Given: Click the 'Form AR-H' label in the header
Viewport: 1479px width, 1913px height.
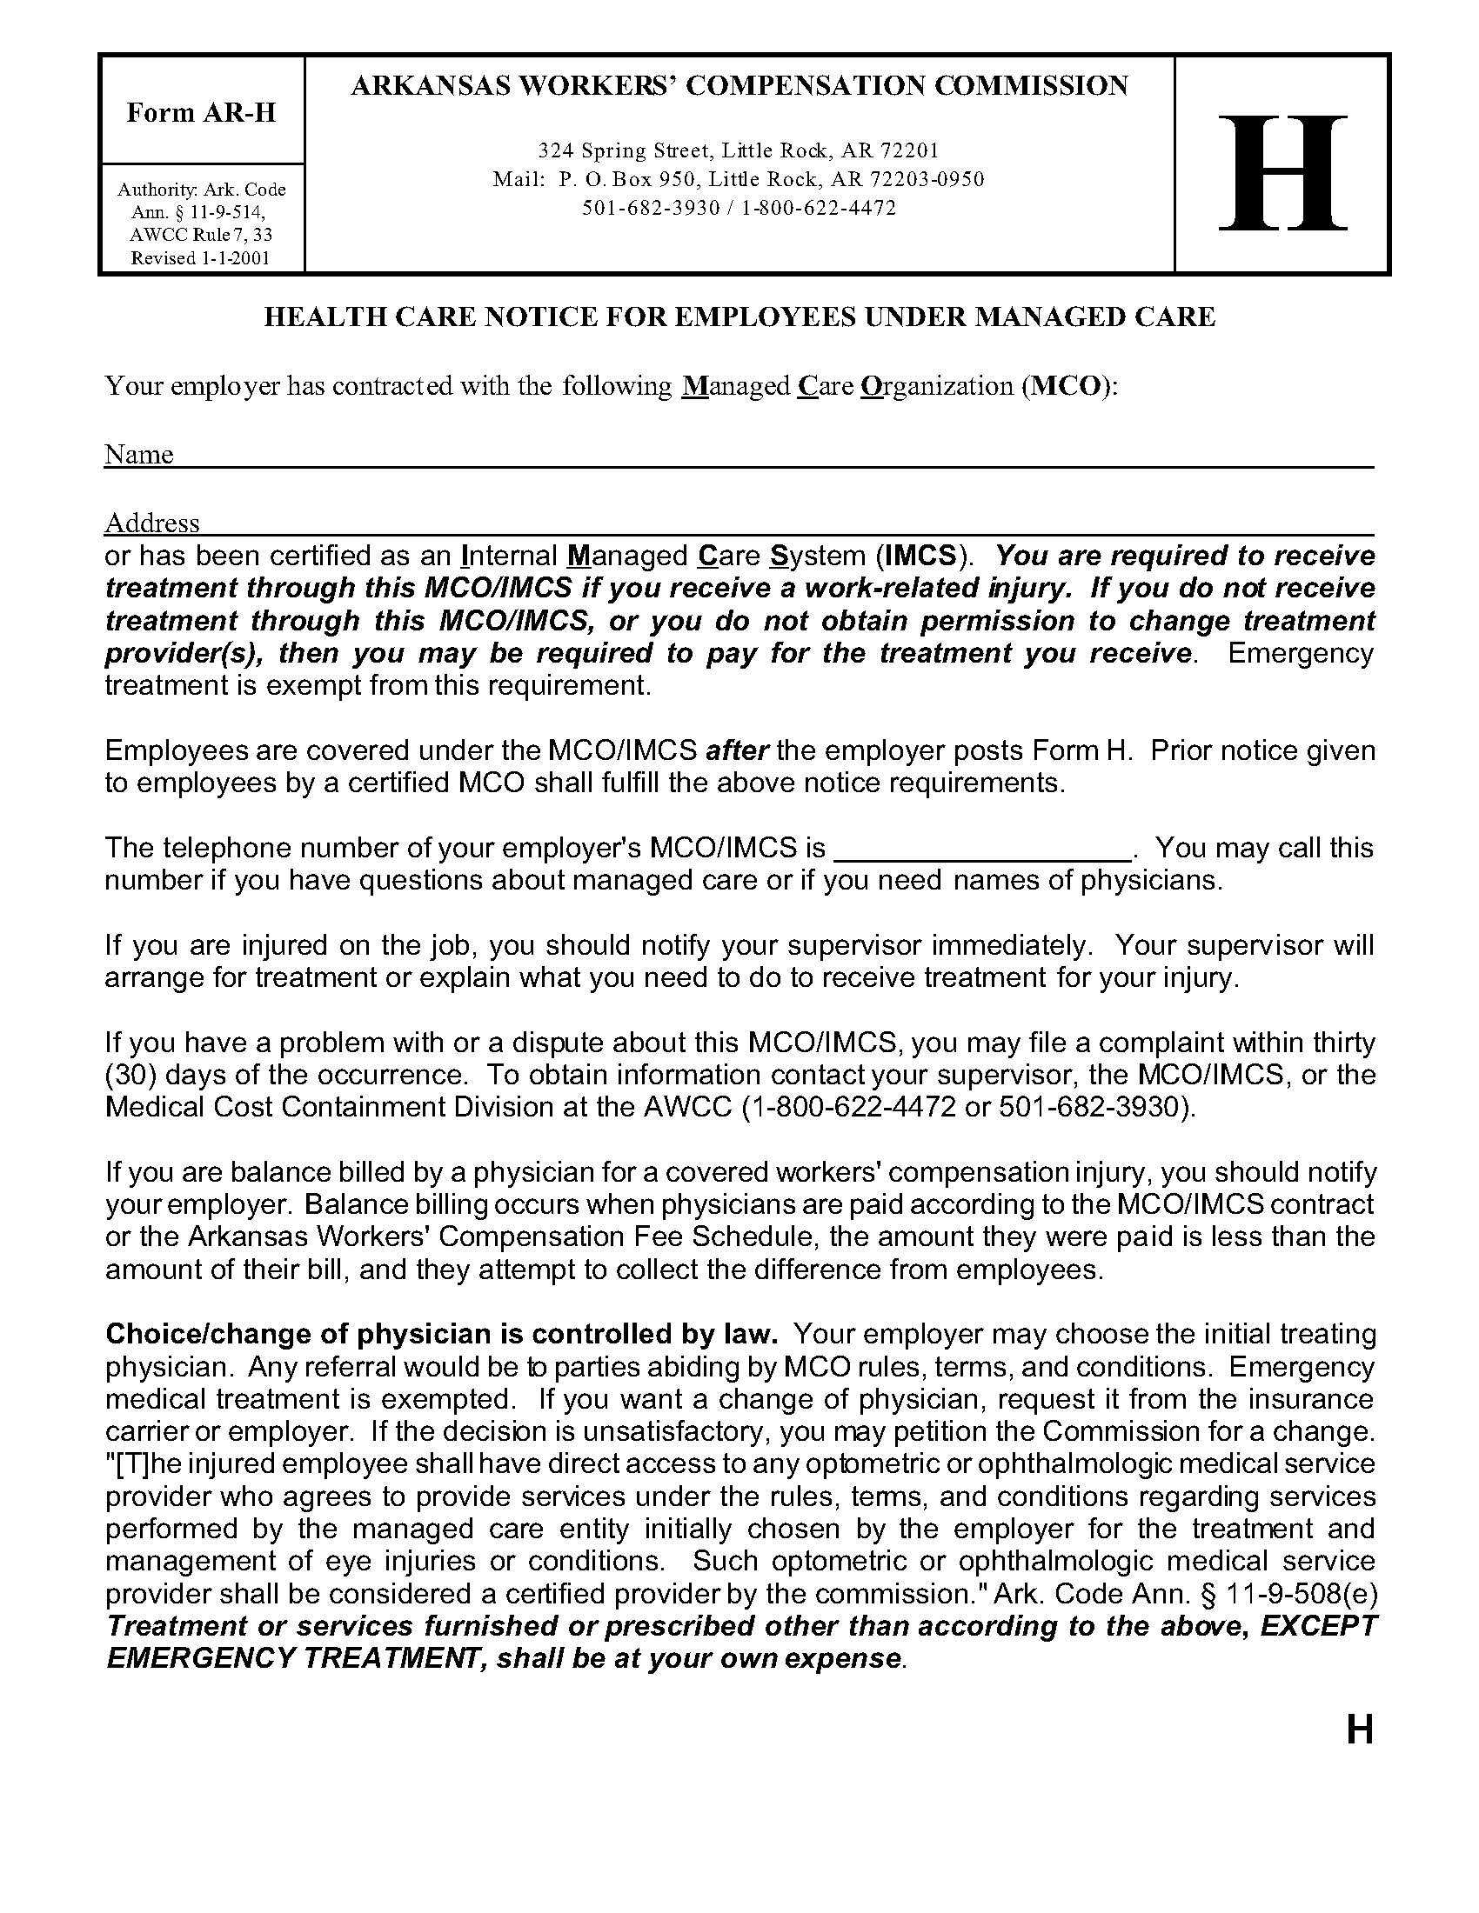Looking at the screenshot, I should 201,112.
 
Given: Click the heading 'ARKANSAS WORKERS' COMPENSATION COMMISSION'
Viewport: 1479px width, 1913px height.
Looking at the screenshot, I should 739,86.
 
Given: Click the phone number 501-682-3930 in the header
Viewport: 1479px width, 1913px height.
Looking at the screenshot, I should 651,209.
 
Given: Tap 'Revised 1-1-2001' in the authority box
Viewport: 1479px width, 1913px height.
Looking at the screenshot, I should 201,257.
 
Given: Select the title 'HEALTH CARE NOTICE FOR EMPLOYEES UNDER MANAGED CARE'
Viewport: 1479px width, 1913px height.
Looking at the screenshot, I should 739,317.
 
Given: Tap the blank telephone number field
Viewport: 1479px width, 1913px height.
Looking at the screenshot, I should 981,850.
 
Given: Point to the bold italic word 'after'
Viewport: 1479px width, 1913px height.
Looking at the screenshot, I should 738,750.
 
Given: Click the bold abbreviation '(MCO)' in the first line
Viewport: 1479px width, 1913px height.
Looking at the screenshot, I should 1068,386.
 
